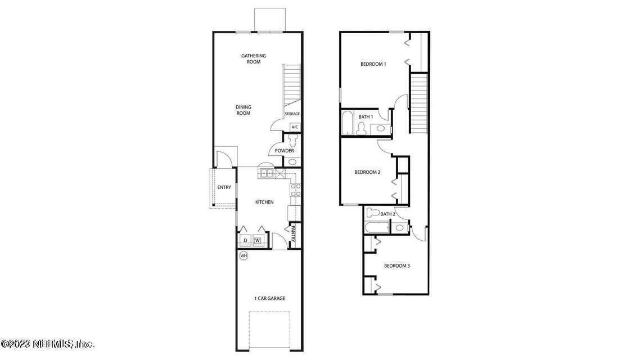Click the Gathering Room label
coord(253,58)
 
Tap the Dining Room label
coord(243,110)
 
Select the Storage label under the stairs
coord(292,114)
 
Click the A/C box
coord(295,127)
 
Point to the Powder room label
coord(284,151)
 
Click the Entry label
coord(224,187)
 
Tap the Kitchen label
coord(264,202)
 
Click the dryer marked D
coord(245,241)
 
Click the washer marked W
coord(258,241)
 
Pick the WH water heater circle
coord(244,256)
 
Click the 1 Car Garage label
coord(269,298)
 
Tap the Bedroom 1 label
coord(373,64)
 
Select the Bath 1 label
coord(366,117)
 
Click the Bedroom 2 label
coord(368,172)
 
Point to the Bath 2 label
coord(387,214)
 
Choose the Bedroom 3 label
coord(396,265)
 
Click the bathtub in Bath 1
coord(348,123)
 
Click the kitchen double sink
coord(266,174)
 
